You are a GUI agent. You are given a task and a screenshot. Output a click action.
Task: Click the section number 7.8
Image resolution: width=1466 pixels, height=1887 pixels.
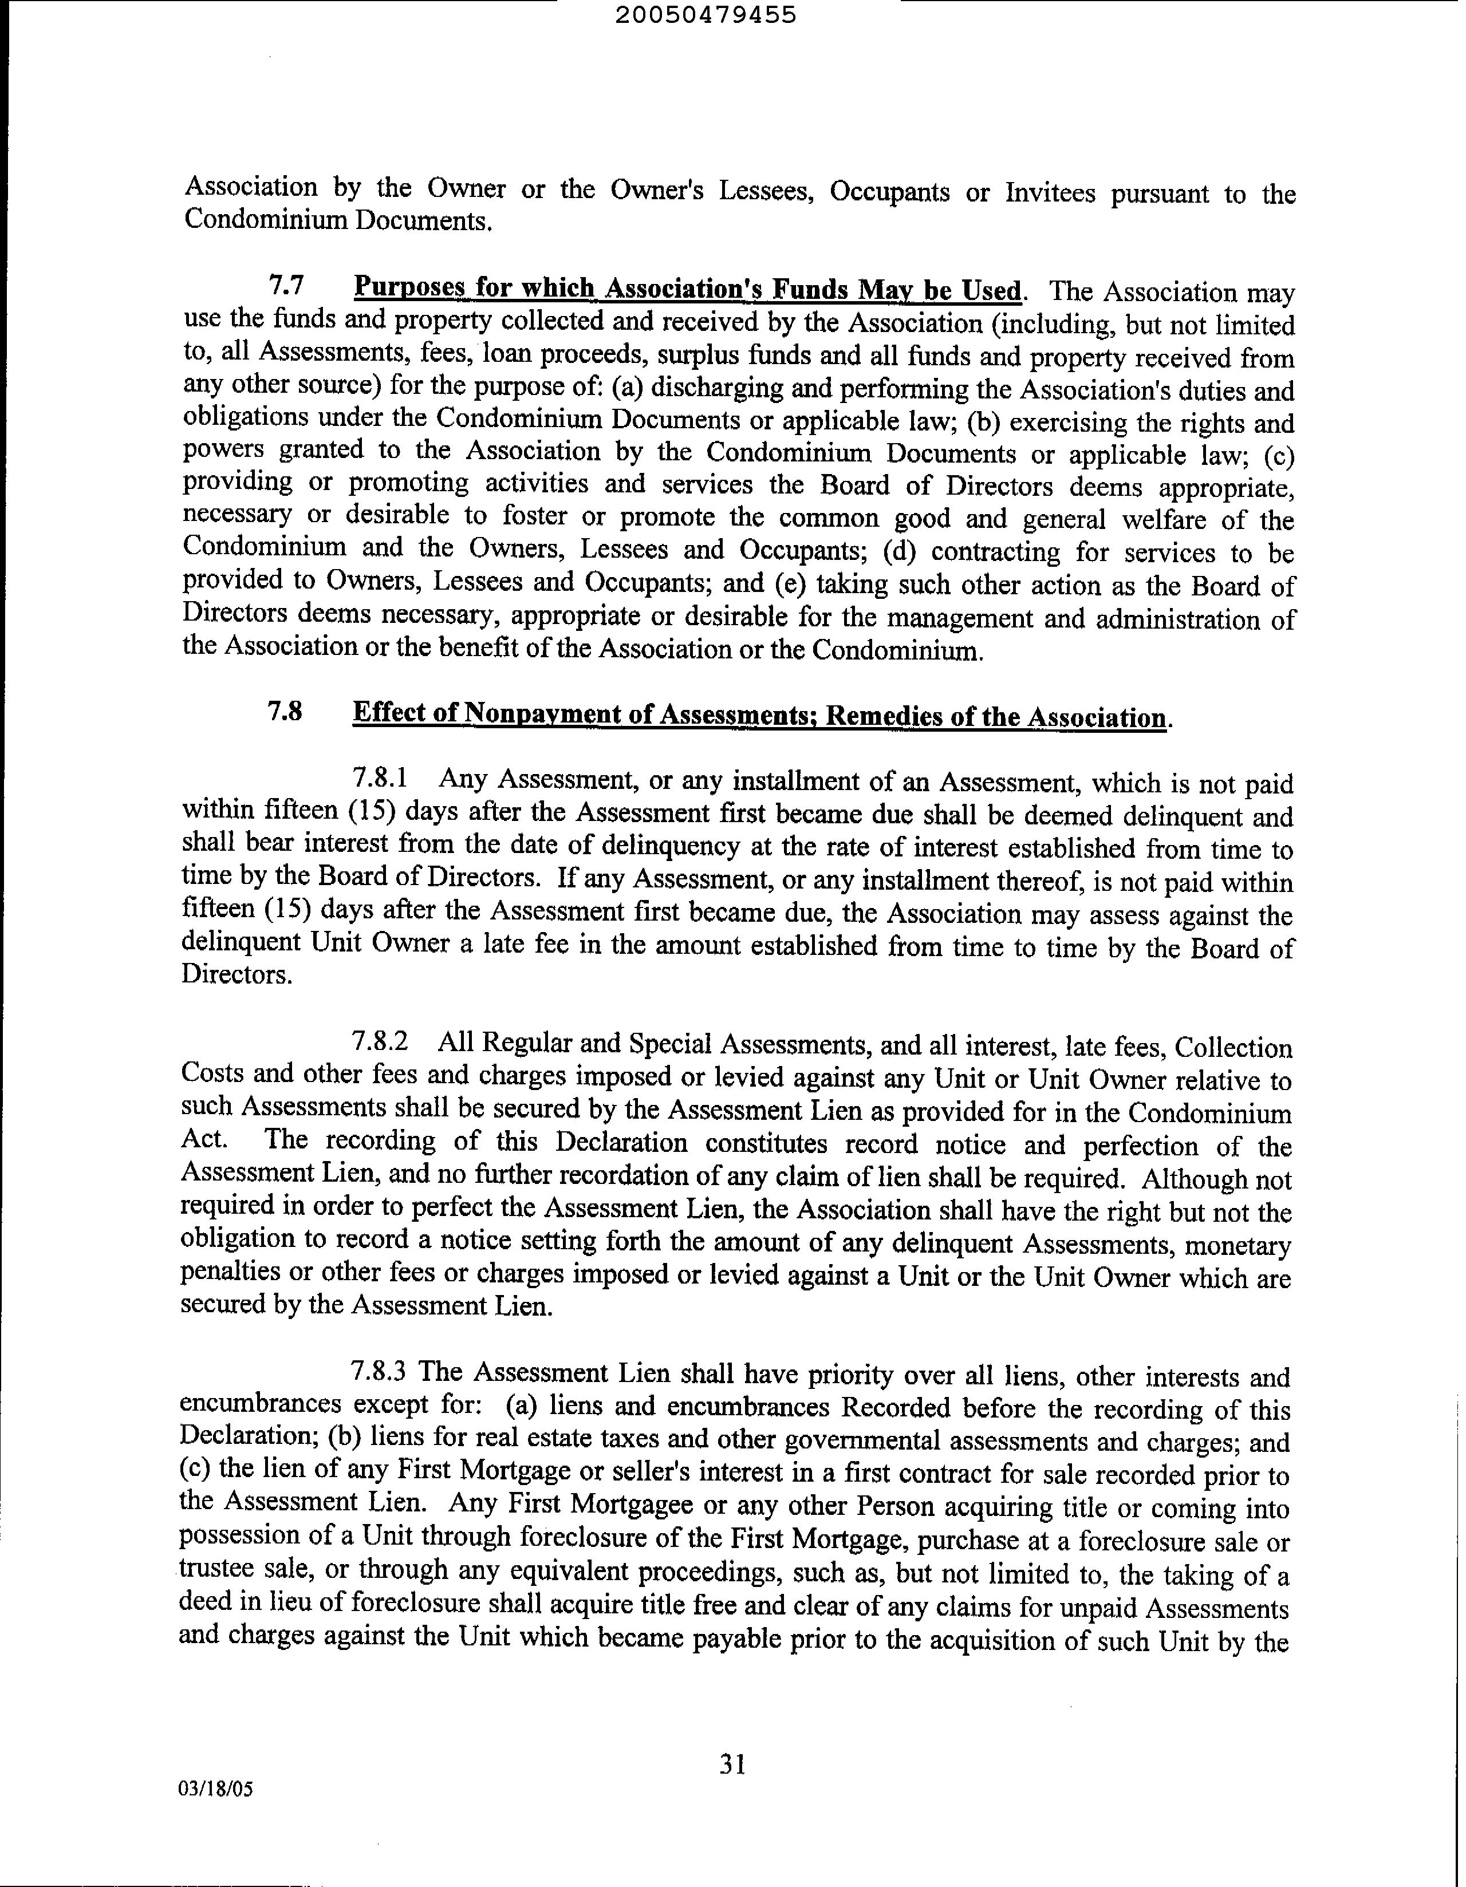pos(285,712)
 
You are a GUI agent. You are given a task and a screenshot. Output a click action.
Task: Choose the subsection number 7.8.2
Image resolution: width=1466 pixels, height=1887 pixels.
pos(380,1042)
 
